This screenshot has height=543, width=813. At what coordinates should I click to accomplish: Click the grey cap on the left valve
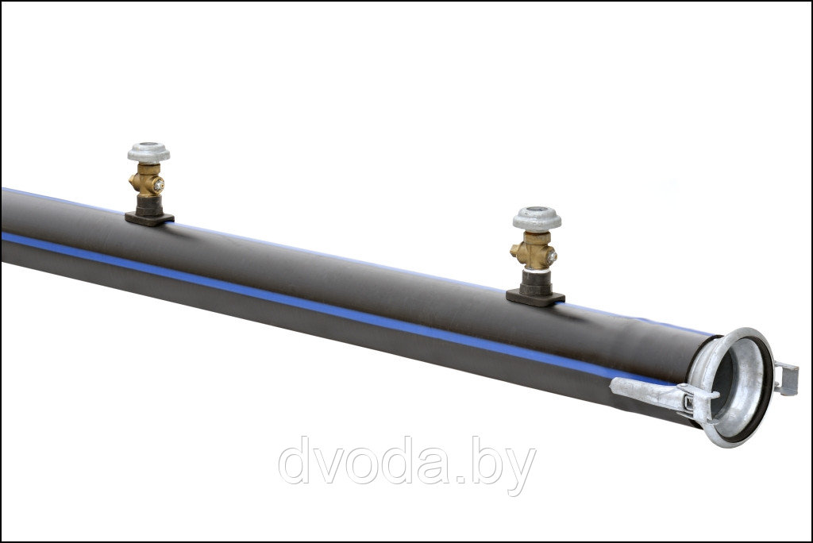(148, 152)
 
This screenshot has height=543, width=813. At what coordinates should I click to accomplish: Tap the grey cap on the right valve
(538, 218)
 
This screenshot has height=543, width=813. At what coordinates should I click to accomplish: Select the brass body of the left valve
(147, 179)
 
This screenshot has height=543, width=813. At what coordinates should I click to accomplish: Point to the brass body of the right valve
(534, 249)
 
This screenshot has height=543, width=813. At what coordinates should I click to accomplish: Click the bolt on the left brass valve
(159, 183)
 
